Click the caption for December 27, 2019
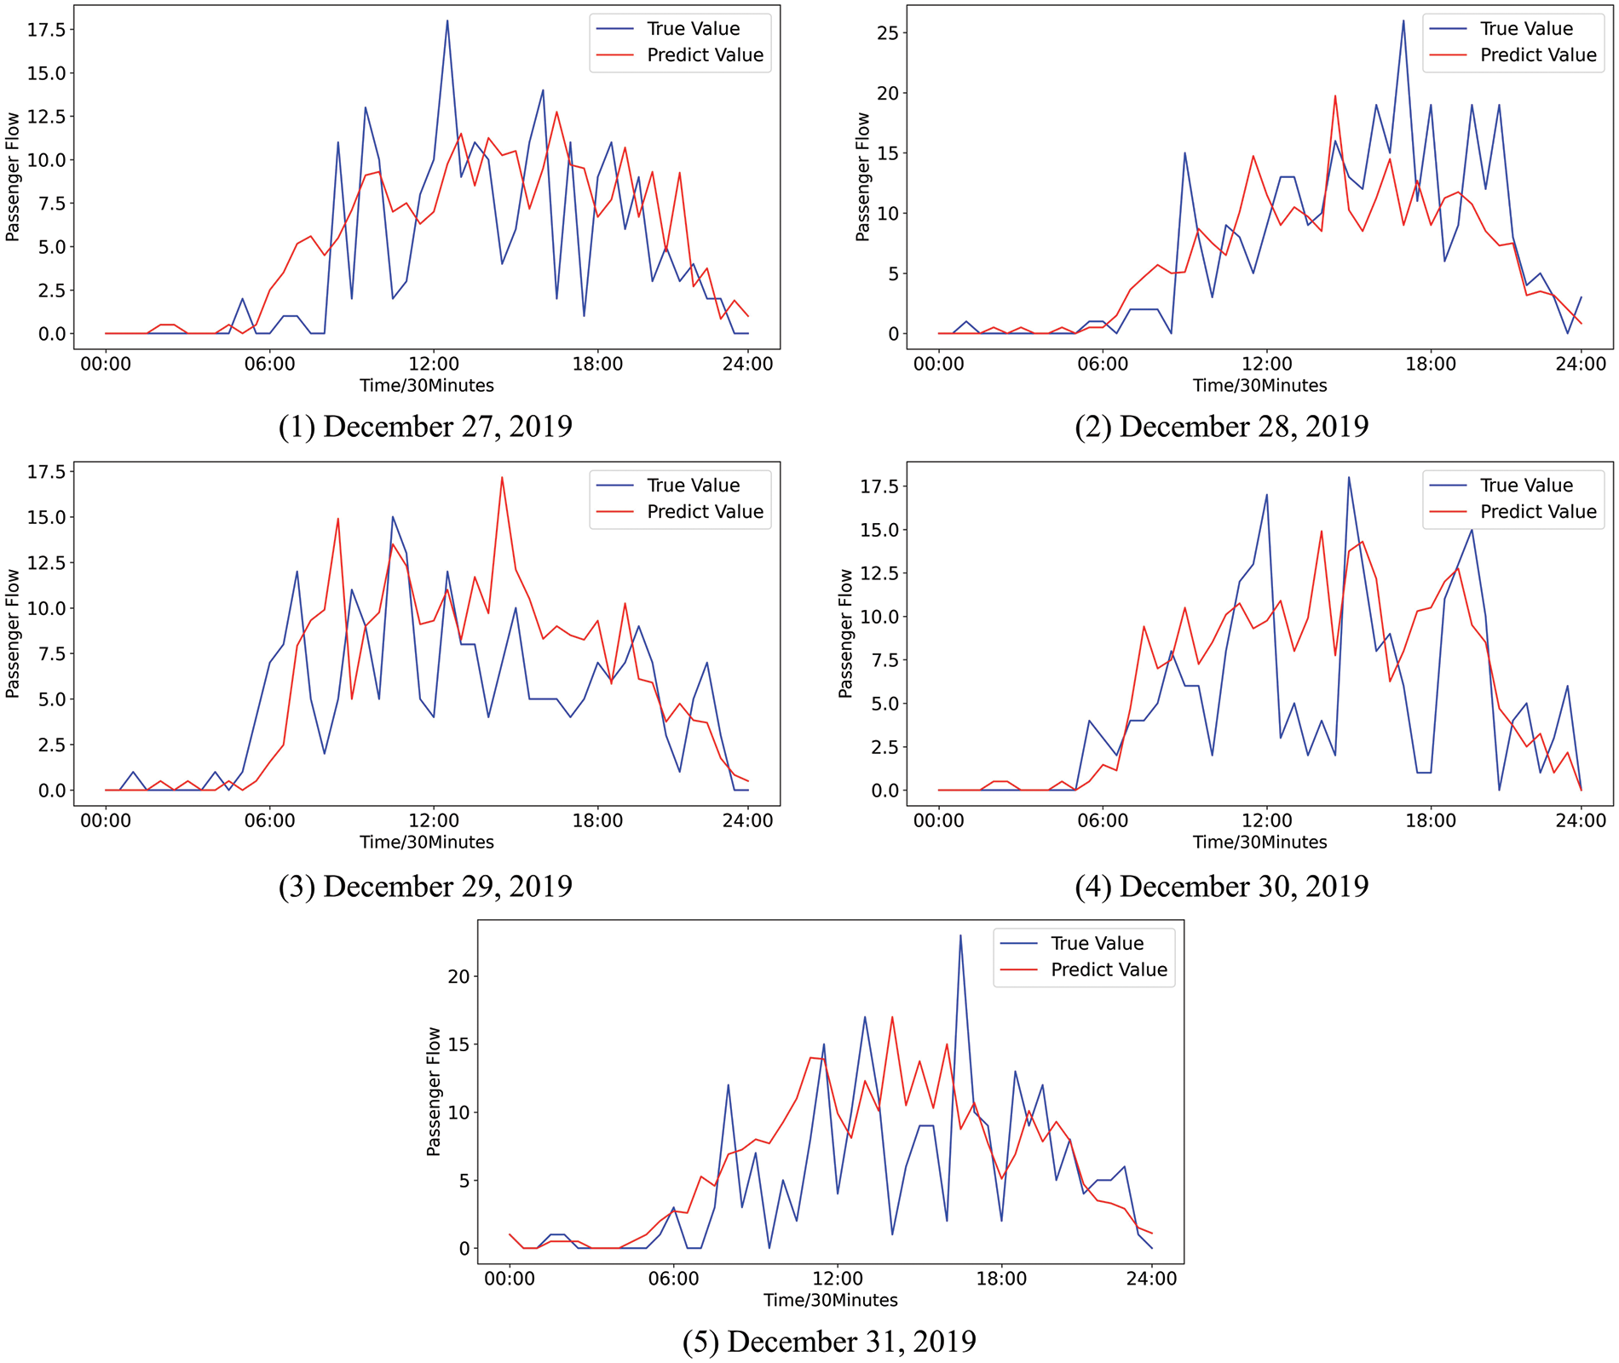425,426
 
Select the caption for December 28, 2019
1221,426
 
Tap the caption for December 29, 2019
425,886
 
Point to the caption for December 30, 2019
1221,886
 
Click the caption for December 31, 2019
829,1342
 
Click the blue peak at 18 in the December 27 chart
447,21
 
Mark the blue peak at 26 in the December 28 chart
1403,21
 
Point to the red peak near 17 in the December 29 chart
502,477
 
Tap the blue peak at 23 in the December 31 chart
960,936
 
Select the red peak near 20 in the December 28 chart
1335,96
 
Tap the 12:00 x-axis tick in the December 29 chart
434,820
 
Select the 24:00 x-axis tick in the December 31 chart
1151,1279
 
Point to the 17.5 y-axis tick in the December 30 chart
881,486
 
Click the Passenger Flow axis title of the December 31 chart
434,1091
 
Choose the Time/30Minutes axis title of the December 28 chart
1259,386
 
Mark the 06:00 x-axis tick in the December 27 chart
269,364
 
